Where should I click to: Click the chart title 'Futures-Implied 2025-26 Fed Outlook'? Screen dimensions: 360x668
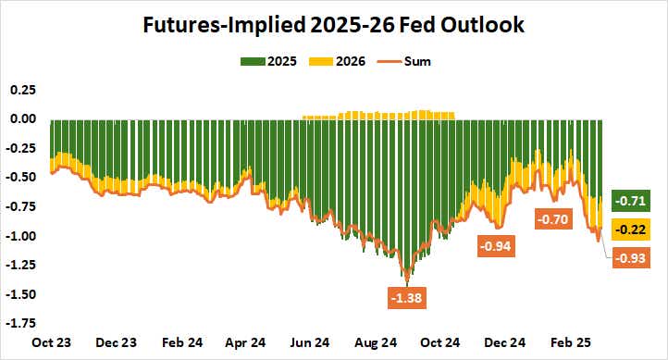(334, 25)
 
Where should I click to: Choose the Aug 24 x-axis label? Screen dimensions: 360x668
(375, 341)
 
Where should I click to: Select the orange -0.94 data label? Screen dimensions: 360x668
(495, 246)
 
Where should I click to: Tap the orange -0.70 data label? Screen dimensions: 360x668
(554, 220)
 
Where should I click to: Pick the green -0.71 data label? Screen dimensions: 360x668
(634, 200)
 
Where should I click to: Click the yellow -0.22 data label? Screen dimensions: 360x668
(634, 229)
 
